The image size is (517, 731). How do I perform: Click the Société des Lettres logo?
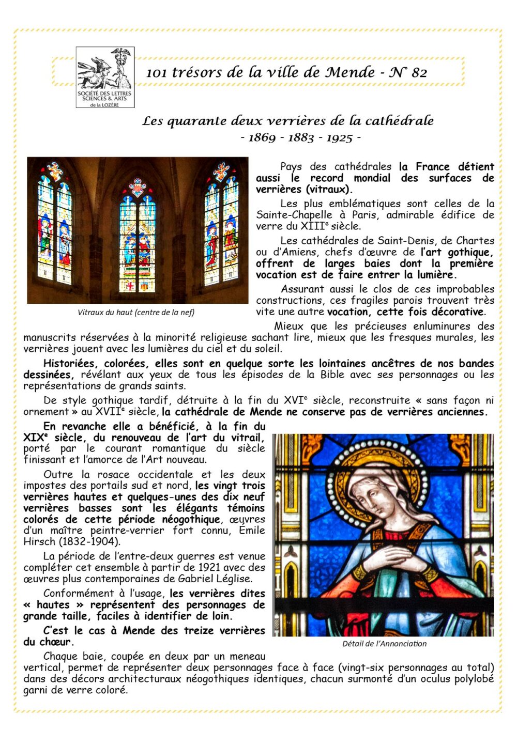click(105, 77)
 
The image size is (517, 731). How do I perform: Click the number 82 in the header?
click(419, 73)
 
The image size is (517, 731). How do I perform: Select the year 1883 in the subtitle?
click(301, 137)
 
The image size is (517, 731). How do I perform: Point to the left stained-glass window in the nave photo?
click(55, 227)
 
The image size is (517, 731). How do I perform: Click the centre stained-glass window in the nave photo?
click(137, 238)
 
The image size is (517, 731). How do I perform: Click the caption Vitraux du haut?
click(136, 312)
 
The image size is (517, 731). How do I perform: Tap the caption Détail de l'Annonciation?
click(384, 644)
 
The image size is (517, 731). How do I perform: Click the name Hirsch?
click(36, 541)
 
